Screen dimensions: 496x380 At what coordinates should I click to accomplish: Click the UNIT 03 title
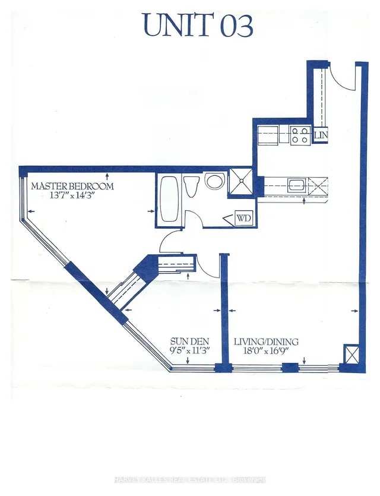[x=198, y=26]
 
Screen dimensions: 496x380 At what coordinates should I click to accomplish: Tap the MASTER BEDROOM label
[x=72, y=186]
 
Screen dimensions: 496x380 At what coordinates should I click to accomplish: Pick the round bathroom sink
[x=214, y=181]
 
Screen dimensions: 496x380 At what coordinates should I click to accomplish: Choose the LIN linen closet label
[x=321, y=135]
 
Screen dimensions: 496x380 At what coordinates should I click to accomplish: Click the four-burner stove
[x=300, y=135]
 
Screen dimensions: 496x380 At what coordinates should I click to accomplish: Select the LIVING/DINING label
[x=265, y=342]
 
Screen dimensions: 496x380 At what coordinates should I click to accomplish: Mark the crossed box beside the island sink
[x=318, y=185]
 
